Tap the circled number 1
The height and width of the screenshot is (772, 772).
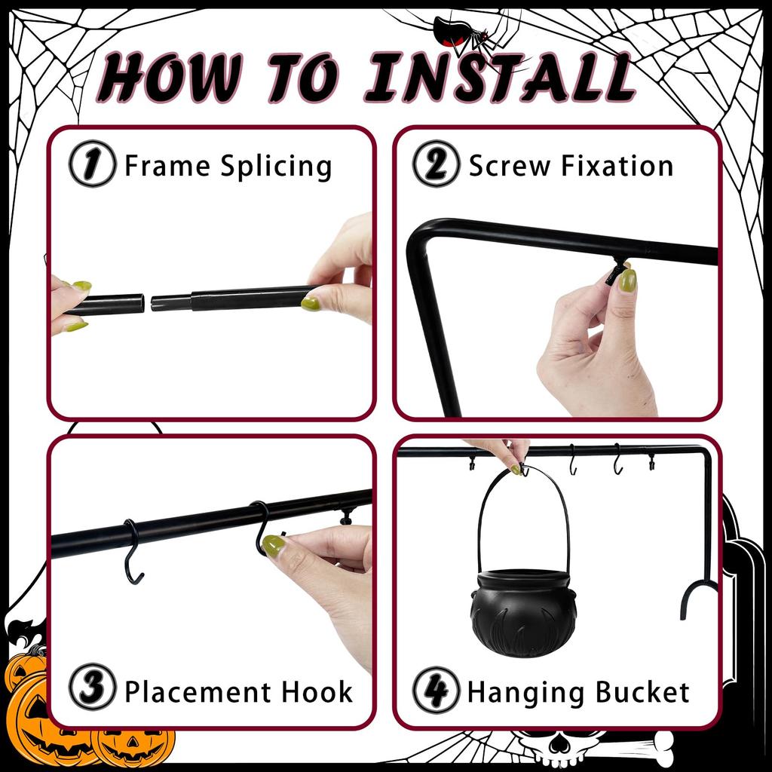92,164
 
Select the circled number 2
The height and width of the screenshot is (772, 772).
436,164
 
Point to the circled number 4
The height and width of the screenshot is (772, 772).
436,691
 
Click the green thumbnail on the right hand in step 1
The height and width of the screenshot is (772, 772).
310,303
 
